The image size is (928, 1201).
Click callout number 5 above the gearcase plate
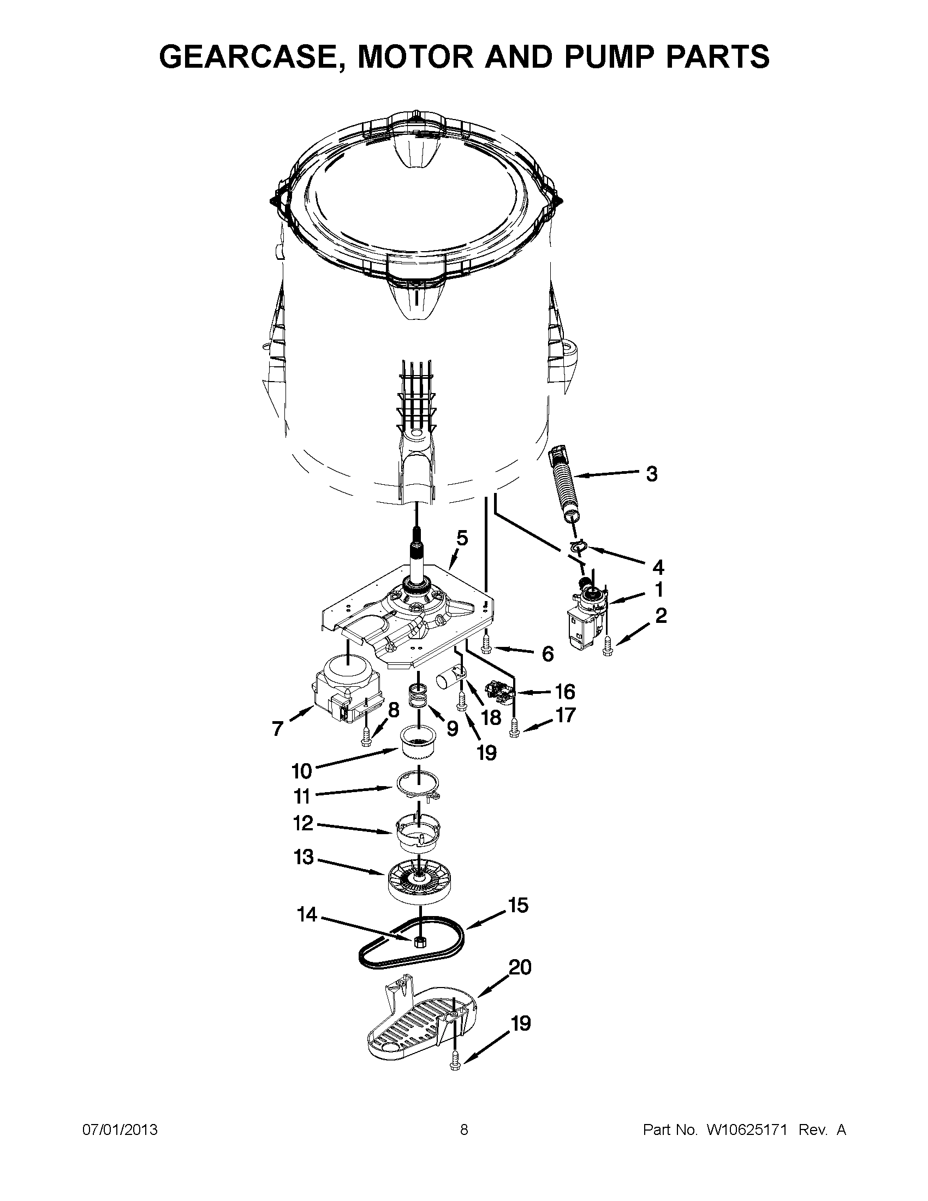point(462,538)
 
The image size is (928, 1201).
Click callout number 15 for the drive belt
point(518,906)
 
